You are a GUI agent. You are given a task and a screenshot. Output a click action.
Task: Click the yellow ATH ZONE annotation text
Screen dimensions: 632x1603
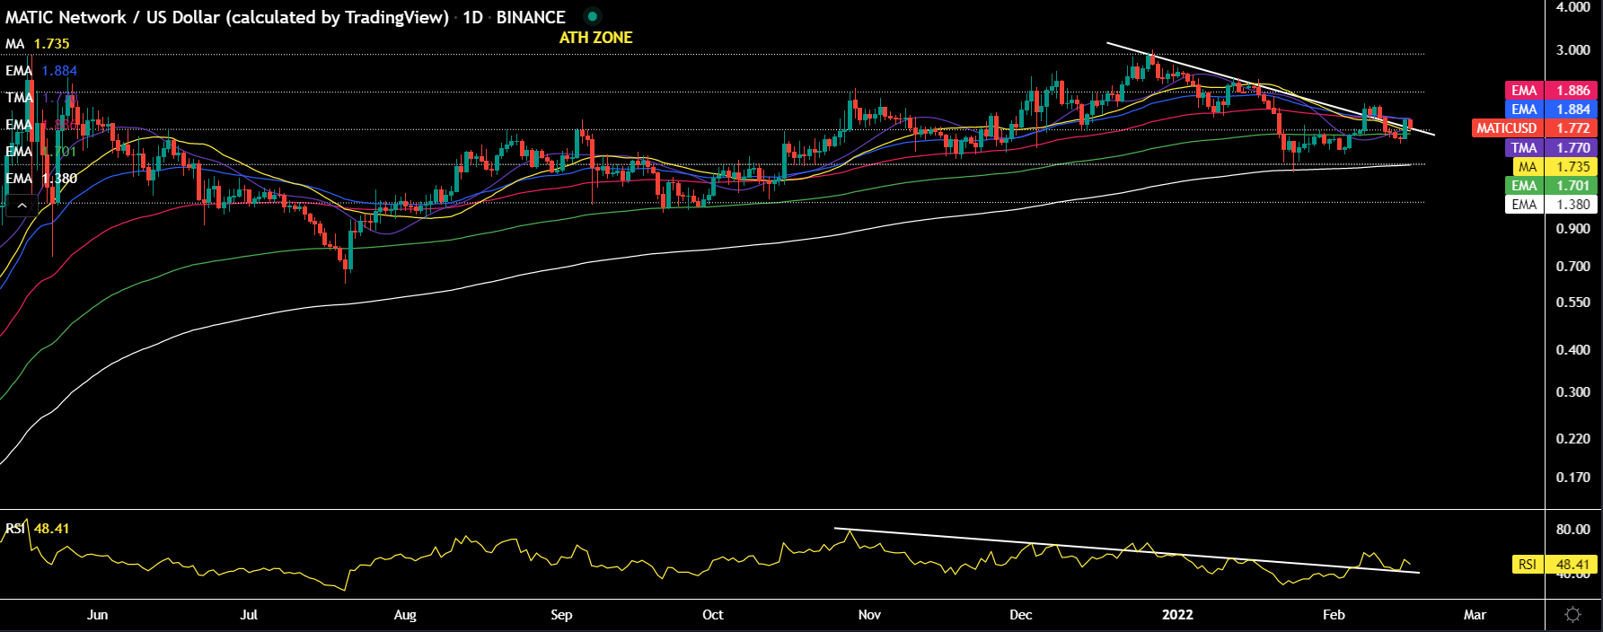coord(595,38)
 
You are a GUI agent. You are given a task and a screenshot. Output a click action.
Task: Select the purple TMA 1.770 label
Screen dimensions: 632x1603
coord(1550,148)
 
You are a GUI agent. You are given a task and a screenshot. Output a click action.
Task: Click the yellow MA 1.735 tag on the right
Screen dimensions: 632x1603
coord(1553,167)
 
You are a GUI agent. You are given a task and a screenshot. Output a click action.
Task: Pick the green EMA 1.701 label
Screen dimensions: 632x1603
coord(1550,186)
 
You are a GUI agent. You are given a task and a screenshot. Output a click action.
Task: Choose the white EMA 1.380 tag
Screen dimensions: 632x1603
coord(1550,205)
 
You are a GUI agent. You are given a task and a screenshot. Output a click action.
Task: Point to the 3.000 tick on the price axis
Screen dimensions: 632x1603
coord(1572,49)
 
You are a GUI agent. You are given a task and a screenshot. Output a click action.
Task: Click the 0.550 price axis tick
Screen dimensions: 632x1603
coord(1572,303)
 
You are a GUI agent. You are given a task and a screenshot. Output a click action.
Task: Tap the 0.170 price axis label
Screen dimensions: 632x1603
coord(1572,478)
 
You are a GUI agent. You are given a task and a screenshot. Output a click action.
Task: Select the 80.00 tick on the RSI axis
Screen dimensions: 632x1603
coord(1572,530)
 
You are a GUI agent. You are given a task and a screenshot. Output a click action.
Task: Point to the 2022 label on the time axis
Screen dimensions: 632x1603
coord(1177,615)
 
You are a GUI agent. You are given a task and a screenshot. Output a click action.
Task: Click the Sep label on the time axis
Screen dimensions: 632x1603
coord(561,615)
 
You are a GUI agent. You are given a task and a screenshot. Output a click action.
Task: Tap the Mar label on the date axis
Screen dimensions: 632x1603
coord(1475,615)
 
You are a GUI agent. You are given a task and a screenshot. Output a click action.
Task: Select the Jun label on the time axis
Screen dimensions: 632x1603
coord(97,615)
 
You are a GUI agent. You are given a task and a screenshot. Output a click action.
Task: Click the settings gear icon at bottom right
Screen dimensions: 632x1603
coord(1572,615)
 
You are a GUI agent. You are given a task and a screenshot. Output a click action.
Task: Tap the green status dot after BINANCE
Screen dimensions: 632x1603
coord(592,16)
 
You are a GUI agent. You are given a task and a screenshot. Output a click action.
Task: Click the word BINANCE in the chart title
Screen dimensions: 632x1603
coord(531,17)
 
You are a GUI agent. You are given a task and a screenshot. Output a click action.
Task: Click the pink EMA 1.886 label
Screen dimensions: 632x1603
coord(1550,91)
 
